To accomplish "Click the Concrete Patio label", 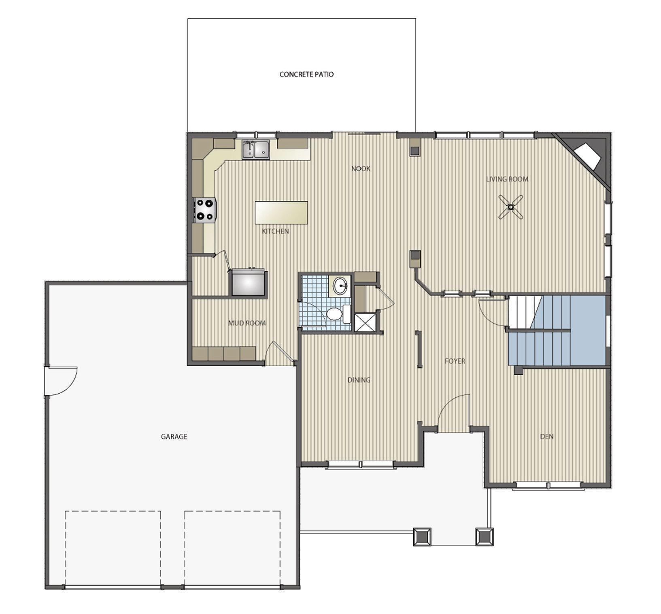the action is click(306, 75).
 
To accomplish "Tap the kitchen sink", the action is click(256, 149).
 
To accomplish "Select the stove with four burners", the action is click(205, 210).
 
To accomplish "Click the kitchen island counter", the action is click(281, 213).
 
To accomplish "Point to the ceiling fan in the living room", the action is click(511, 207).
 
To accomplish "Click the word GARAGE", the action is click(174, 437).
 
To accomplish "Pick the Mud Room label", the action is click(247, 323).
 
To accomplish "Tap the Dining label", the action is click(359, 380).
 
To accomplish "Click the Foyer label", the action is click(455, 361).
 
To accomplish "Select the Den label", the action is click(546, 436).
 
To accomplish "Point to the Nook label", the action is click(361, 168).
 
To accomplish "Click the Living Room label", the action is click(507, 179).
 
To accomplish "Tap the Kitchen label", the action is click(275, 231).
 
